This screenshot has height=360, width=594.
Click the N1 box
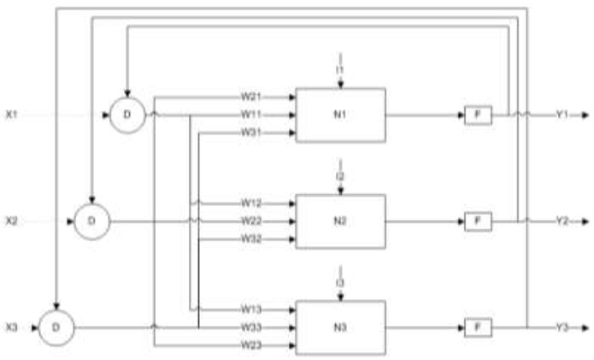(x=340, y=115)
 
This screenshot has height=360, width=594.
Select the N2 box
(x=340, y=221)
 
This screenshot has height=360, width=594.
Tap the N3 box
(x=340, y=327)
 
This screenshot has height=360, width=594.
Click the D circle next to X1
(x=126, y=115)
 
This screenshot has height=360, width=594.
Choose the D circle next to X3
(x=56, y=327)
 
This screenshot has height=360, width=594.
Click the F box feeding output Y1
(x=479, y=115)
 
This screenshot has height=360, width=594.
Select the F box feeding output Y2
(x=479, y=221)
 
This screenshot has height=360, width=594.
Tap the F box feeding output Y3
(x=479, y=327)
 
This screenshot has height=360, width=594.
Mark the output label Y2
(x=562, y=221)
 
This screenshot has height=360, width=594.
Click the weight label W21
(x=250, y=97)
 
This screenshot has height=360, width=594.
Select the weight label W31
(x=250, y=132)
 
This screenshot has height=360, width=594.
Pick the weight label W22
(x=250, y=221)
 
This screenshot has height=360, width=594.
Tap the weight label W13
(x=250, y=309)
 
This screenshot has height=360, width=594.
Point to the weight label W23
(x=250, y=344)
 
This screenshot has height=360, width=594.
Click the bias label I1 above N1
(x=340, y=68)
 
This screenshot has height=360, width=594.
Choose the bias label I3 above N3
(x=340, y=281)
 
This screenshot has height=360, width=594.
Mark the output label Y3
(x=562, y=327)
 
